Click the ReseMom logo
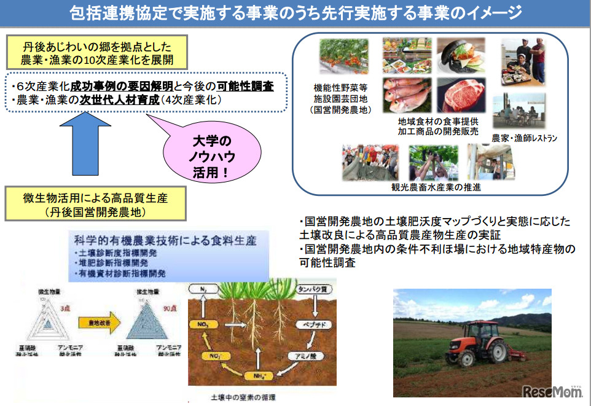click(x=552, y=391)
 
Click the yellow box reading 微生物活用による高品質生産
click(x=95, y=205)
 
